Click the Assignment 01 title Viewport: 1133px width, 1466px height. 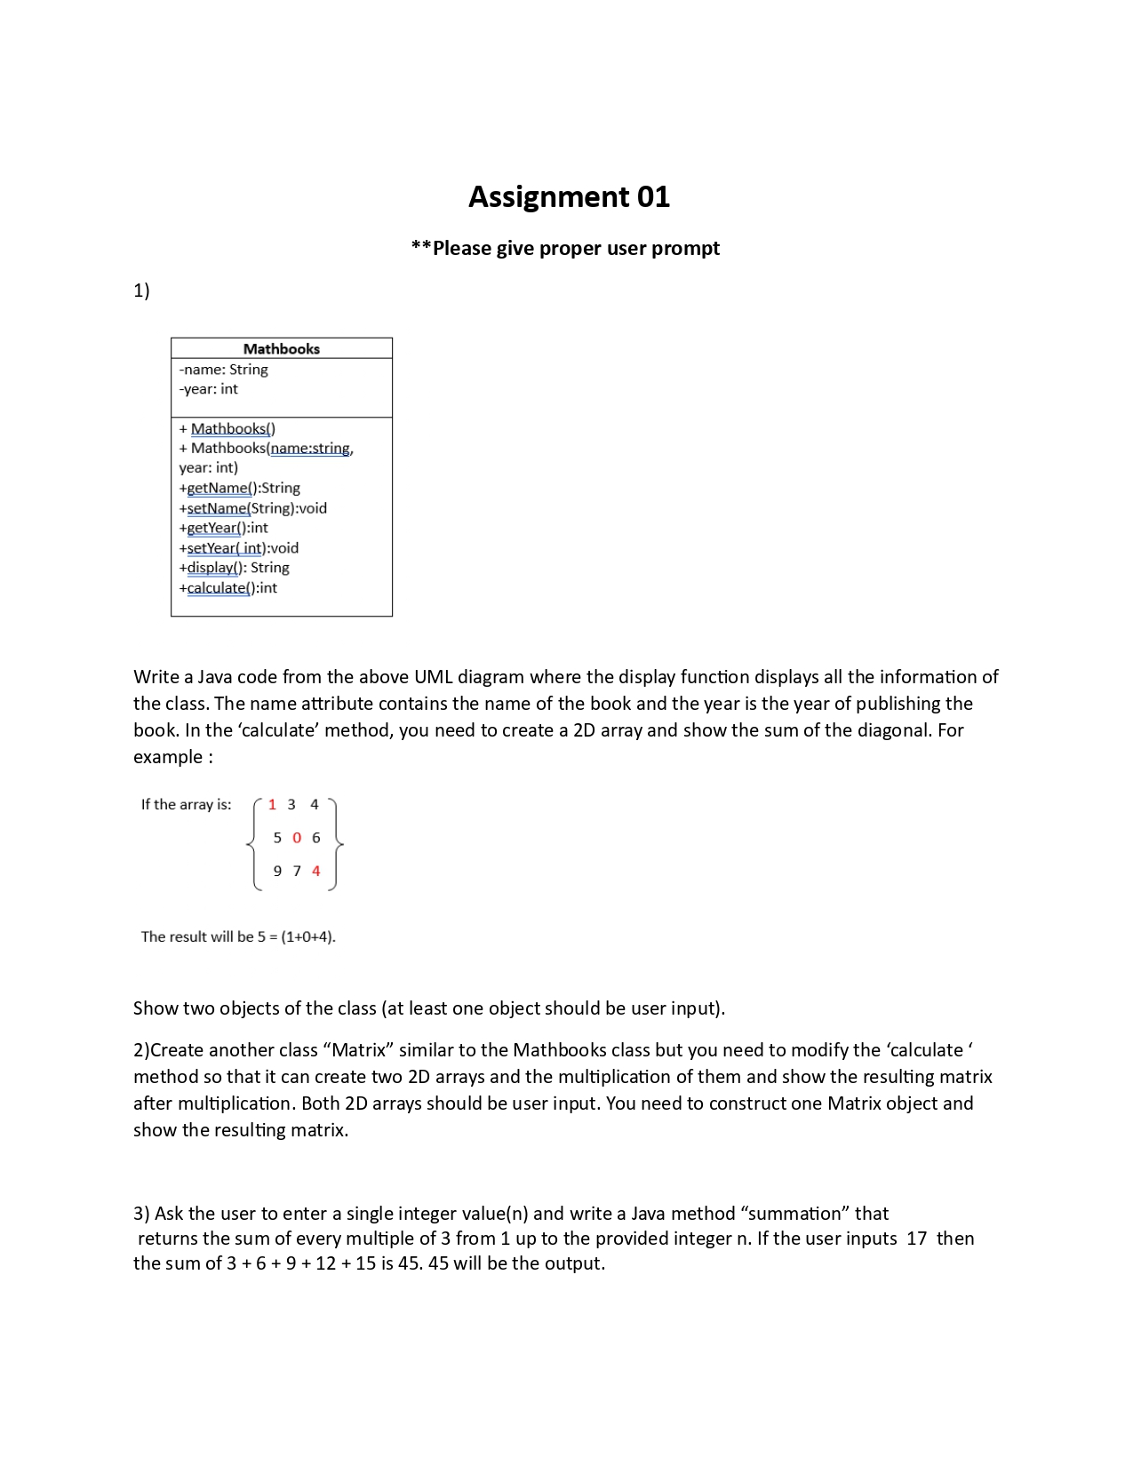(x=569, y=196)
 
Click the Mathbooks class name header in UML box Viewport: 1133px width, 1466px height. (x=281, y=348)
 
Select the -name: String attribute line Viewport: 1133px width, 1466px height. (x=223, y=370)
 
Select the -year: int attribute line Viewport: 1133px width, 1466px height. (x=208, y=389)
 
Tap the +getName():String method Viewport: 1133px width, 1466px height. (x=239, y=488)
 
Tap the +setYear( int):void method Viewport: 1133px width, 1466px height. (x=238, y=548)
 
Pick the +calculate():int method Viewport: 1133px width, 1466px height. (x=227, y=588)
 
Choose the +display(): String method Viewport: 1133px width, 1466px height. (x=234, y=568)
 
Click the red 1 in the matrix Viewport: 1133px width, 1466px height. (x=272, y=804)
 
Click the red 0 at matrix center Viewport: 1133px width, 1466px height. (x=297, y=838)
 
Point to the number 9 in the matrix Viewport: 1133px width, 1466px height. (x=277, y=871)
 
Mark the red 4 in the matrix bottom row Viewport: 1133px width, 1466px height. (x=315, y=871)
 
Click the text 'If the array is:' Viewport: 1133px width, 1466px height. (x=186, y=804)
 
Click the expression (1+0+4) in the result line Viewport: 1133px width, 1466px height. (x=307, y=936)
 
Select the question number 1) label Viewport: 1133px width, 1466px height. (x=141, y=291)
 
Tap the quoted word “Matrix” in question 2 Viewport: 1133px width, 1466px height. (x=359, y=1050)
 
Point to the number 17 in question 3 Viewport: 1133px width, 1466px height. (x=916, y=1239)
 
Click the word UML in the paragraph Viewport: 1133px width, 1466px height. (x=434, y=677)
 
